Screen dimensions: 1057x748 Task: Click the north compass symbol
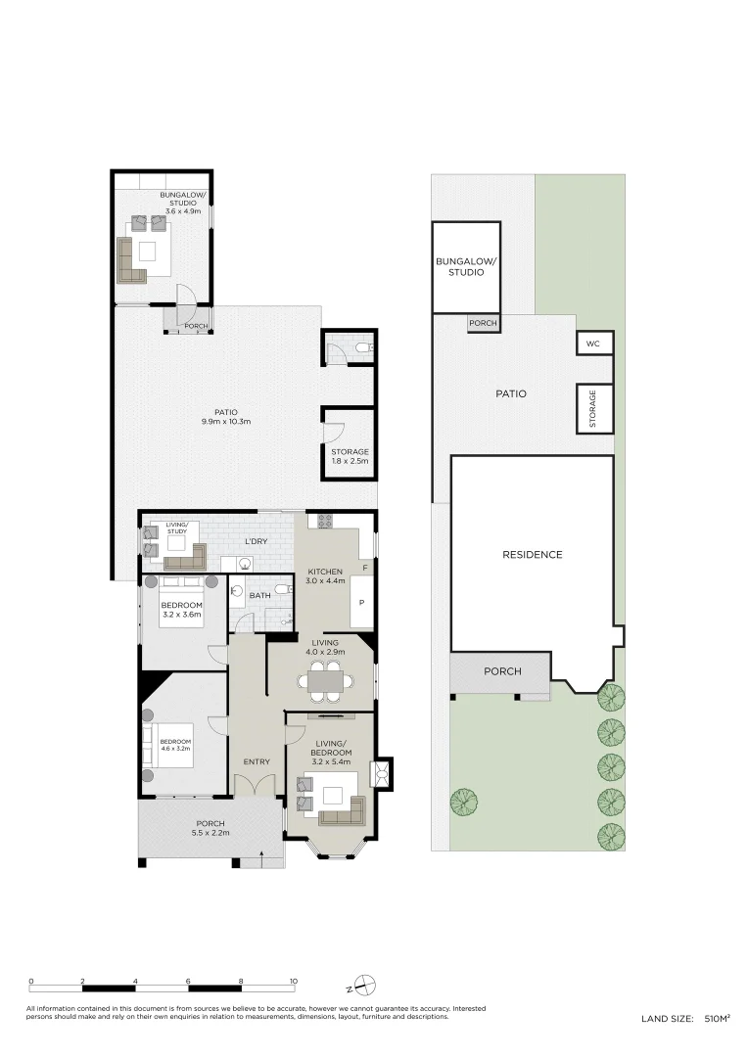click(365, 985)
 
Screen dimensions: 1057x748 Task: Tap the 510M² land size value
click(717, 1019)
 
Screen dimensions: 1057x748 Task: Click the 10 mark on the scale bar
click(293, 981)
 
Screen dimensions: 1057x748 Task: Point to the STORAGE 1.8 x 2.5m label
click(350, 456)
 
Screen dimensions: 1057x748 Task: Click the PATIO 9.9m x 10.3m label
click(227, 417)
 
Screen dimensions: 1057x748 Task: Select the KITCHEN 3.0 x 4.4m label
click(325, 576)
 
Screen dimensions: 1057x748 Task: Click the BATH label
click(259, 595)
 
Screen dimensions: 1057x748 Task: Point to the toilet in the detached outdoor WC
click(363, 347)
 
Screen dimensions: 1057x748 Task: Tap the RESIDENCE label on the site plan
click(533, 555)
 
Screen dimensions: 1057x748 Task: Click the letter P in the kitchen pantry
click(360, 602)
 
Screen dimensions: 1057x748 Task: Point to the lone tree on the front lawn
click(464, 803)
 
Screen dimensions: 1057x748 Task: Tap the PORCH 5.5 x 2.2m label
click(210, 828)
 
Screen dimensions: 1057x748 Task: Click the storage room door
click(334, 431)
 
